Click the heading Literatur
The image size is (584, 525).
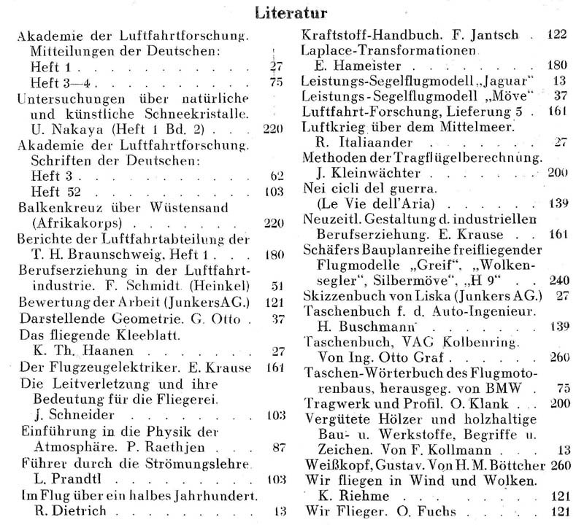[x=291, y=13]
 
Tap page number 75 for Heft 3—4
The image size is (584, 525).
[x=274, y=81]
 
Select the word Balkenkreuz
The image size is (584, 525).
[x=57, y=209]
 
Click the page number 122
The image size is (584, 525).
[x=558, y=34]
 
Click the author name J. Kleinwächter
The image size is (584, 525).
[x=368, y=174]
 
